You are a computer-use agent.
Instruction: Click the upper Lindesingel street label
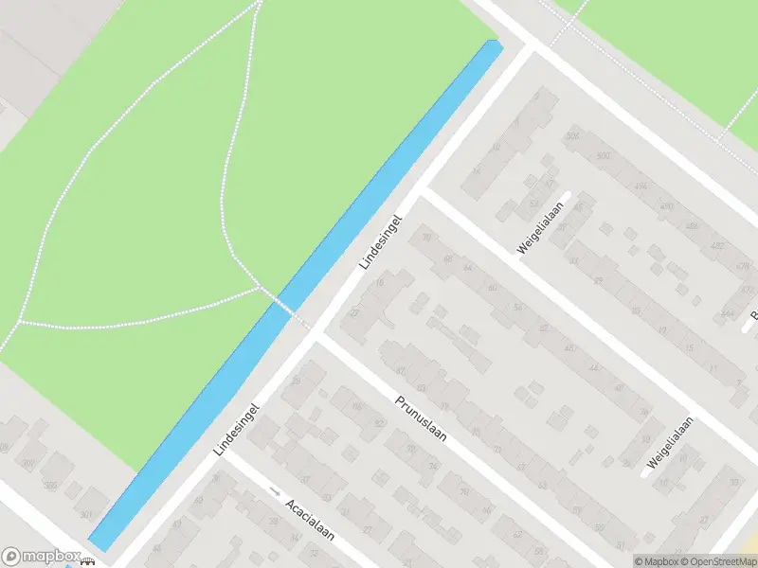point(382,240)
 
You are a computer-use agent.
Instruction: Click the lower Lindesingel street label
point(236,428)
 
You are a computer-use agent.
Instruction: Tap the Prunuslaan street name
point(422,420)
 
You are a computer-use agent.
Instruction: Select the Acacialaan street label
point(311,520)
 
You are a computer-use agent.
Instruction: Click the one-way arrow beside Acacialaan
point(275,490)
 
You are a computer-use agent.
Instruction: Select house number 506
point(571,136)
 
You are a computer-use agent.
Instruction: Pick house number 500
point(604,156)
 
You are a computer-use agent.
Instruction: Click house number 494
point(641,186)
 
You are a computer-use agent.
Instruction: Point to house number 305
point(50,487)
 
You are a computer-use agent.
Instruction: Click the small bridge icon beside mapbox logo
point(88,560)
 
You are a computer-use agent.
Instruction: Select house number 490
point(667,205)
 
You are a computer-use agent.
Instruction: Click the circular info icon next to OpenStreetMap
point(641,561)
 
